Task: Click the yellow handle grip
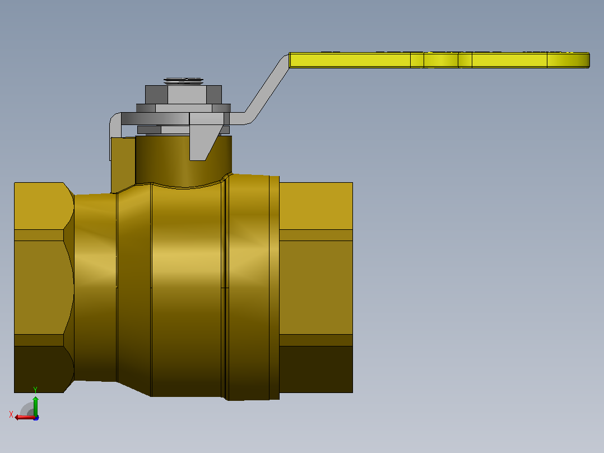click(439, 60)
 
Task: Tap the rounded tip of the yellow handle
click(588, 60)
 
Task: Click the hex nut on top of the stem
click(183, 94)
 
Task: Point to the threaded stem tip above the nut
click(183, 81)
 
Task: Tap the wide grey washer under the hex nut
click(183, 108)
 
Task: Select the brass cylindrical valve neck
click(183, 160)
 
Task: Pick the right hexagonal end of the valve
click(316, 287)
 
